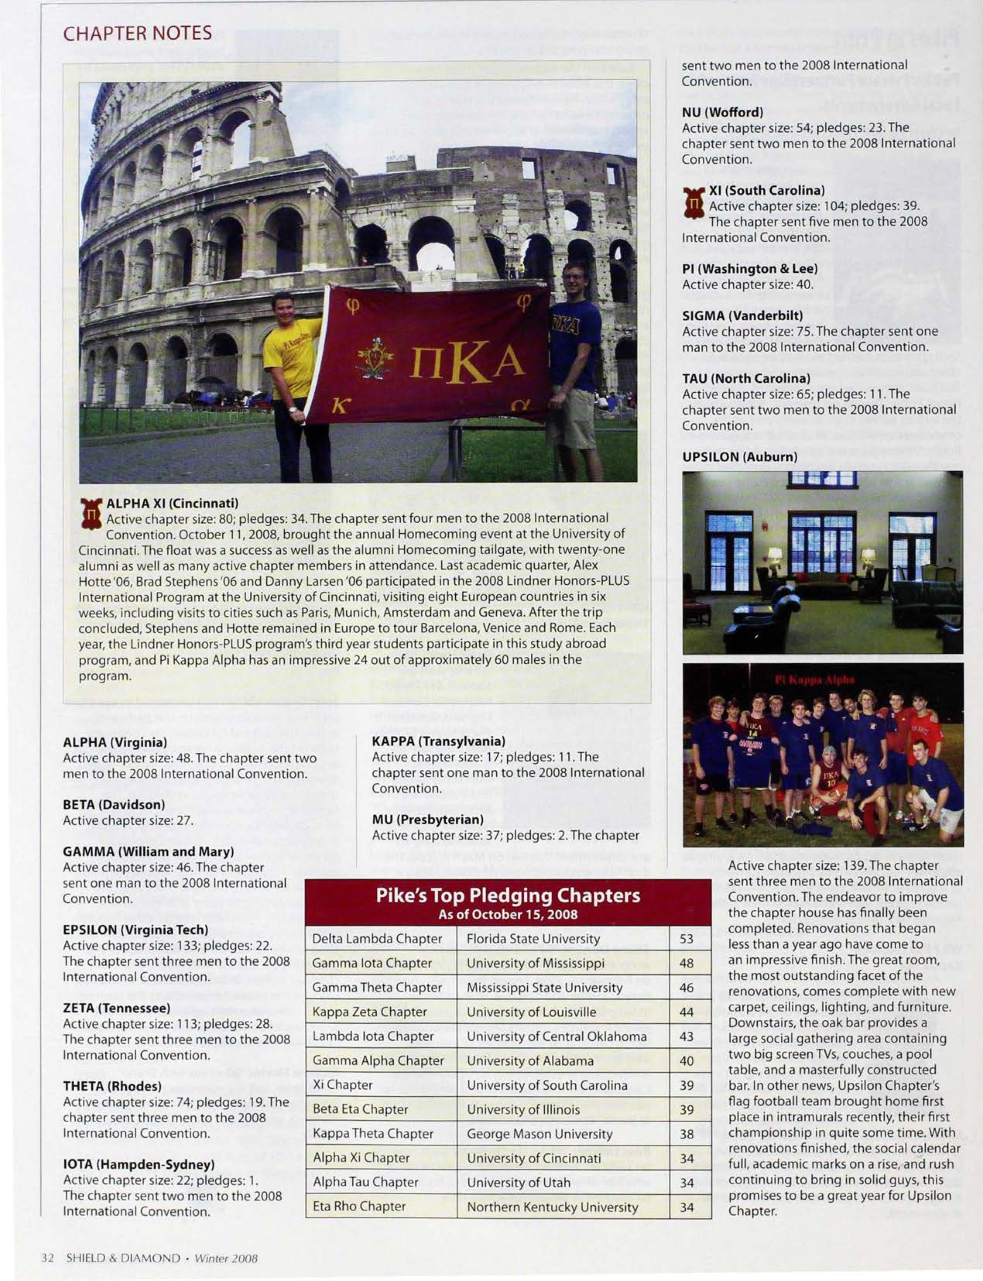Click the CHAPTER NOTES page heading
(x=137, y=33)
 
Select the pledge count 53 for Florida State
(x=686, y=939)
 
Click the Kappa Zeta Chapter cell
(x=369, y=1012)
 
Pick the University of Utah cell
(x=518, y=1183)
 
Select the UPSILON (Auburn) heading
(x=739, y=457)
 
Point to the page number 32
(x=47, y=1258)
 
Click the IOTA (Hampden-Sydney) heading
(x=139, y=1164)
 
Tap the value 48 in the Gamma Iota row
(x=686, y=963)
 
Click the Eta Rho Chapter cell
(x=359, y=1207)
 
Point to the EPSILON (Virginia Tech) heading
(x=135, y=929)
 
